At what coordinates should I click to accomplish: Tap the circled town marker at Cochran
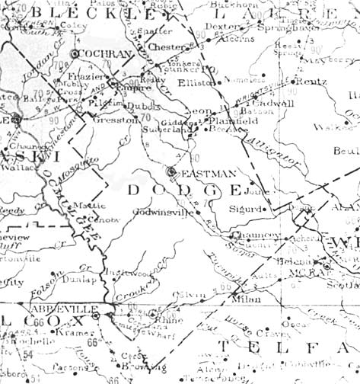coord(75,55)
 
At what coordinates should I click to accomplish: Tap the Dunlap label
coord(62,280)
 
